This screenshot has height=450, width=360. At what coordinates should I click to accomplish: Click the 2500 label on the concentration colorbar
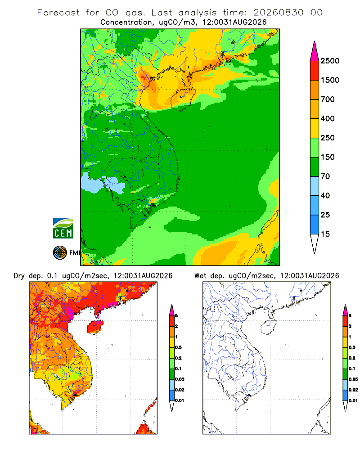pos(330,61)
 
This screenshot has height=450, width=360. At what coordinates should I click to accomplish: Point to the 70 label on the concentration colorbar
pos(325,176)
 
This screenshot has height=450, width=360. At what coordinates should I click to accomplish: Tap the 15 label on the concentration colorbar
pos(325,234)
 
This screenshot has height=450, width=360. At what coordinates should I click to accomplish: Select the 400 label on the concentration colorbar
pos(328,118)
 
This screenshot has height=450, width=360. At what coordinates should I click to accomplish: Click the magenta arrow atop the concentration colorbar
pos(315,52)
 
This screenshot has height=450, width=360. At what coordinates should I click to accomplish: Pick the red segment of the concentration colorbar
pos(315,71)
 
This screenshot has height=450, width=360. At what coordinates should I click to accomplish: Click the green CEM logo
pos(63,229)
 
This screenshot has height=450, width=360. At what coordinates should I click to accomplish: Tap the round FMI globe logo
pos(60,253)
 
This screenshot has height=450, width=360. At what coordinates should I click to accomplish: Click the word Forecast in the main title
pos(58,13)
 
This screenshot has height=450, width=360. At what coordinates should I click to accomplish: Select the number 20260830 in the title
pos(278,13)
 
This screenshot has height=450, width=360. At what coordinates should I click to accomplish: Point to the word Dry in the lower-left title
pos(19,276)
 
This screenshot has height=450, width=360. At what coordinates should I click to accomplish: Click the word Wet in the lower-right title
pos(200,276)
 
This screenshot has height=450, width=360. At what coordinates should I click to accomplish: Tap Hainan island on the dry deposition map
pos(95,328)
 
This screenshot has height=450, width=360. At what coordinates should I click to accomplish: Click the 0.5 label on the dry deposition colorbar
pos(178,347)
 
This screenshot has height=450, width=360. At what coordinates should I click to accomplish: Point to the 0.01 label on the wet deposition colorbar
pos(353,400)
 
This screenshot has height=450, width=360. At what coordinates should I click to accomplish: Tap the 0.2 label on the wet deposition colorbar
pos(352,358)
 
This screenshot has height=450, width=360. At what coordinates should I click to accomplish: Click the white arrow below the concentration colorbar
pos(315,243)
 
